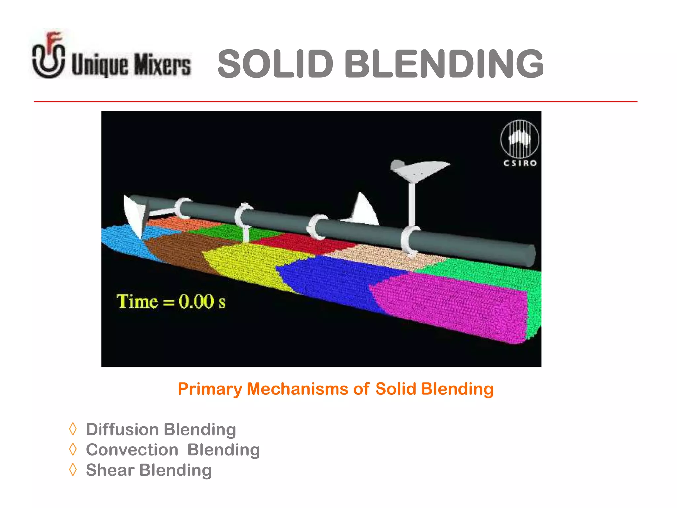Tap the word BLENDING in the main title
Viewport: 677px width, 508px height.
pyautogui.click(x=444, y=64)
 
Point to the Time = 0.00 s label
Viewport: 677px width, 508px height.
pyautogui.click(x=171, y=302)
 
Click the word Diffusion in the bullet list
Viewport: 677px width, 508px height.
pyautogui.click(x=122, y=429)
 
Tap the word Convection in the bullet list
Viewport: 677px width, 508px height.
pyautogui.click(x=132, y=450)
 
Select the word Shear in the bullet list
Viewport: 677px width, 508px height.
pyautogui.click(x=110, y=470)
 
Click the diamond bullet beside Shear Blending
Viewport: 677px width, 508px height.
pyautogui.click(x=73, y=470)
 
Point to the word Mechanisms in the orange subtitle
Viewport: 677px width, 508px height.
pyautogui.click(x=297, y=389)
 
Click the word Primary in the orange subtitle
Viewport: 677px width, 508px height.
pyautogui.click(x=210, y=389)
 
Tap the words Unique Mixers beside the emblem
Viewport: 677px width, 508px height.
pyautogui.click(x=131, y=64)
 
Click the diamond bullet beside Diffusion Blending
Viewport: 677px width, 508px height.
pyautogui.click(x=73, y=429)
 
